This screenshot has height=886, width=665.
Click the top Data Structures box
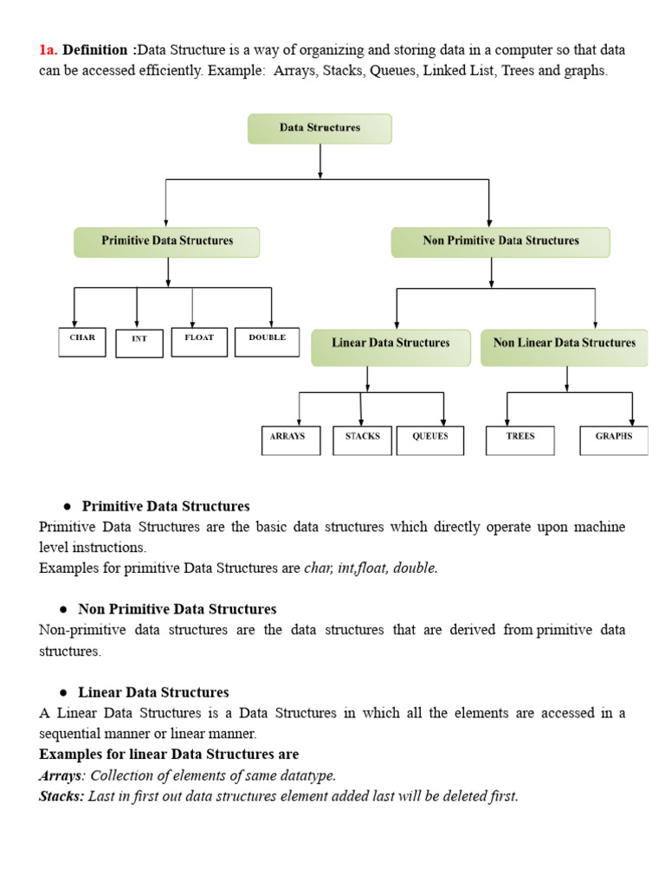click(x=320, y=128)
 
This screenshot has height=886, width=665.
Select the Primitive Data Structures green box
click(x=167, y=241)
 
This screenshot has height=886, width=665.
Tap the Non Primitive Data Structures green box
click(x=500, y=241)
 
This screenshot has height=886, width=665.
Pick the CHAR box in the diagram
click(x=82, y=341)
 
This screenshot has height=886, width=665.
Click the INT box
click(x=139, y=342)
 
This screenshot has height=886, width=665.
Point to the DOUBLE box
click(x=267, y=341)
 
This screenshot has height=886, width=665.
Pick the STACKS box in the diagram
click(x=362, y=440)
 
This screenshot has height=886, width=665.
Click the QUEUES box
click(x=430, y=440)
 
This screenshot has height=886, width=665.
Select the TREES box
click(x=520, y=440)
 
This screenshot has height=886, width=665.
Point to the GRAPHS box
click(x=613, y=440)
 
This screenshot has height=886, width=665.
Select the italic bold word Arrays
click(x=60, y=775)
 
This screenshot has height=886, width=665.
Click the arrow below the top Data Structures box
click(x=320, y=162)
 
